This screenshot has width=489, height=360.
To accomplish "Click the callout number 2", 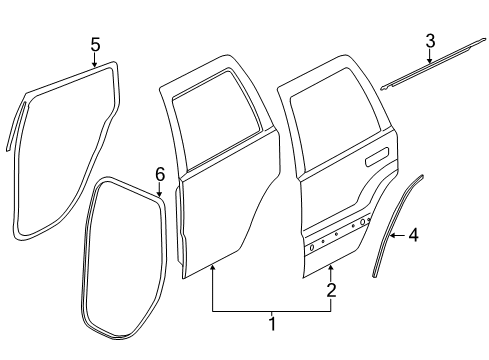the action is coord(331,292).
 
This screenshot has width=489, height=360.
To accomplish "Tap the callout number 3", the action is coord(429,41).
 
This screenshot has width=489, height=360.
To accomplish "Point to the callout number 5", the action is coord(95,44).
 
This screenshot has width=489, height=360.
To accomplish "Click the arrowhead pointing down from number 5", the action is coord(95,65).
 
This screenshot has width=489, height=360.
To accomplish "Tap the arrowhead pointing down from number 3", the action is coord(430,63).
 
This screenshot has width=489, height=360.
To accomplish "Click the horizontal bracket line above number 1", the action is coord(271,311).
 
